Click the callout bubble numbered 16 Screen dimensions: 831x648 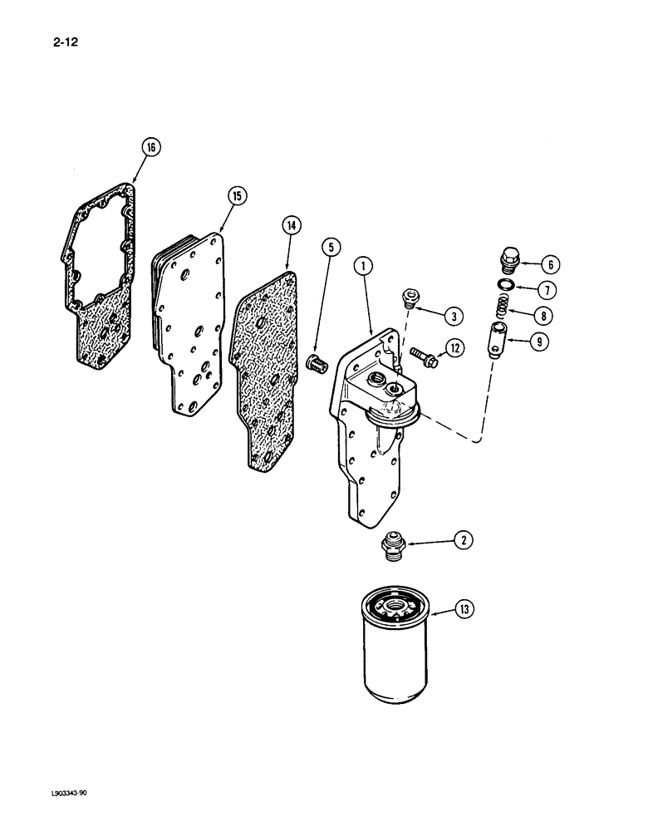[150, 149]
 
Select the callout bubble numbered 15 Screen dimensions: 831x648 [237, 196]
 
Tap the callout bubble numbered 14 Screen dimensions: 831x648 [292, 224]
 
